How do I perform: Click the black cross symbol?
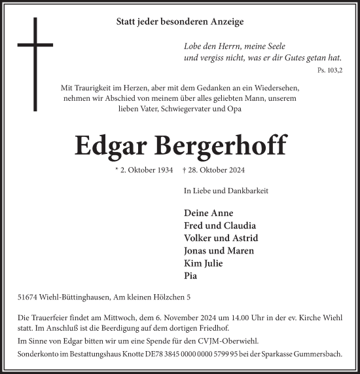(35, 46)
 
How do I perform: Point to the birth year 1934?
(164, 170)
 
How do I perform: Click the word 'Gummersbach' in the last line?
(320, 353)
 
